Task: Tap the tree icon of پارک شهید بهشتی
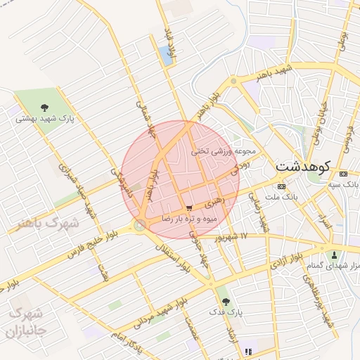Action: click(45, 108)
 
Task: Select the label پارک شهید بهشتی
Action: click(45, 119)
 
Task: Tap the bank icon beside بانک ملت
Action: click(282, 187)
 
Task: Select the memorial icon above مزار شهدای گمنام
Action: click(334, 255)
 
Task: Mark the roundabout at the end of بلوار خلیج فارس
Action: click(141, 226)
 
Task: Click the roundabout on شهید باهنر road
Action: click(234, 81)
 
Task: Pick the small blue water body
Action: click(166, 55)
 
